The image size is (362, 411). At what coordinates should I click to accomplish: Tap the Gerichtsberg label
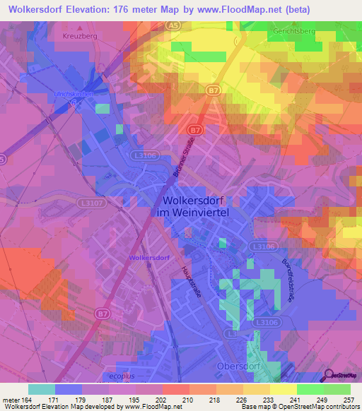click(x=297, y=32)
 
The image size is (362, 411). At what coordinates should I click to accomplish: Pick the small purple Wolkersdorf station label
click(x=149, y=258)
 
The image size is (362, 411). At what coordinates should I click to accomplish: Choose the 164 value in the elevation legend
click(x=25, y=400)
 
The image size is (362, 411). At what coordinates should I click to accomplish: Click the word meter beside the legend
click(x=10, y=400)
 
